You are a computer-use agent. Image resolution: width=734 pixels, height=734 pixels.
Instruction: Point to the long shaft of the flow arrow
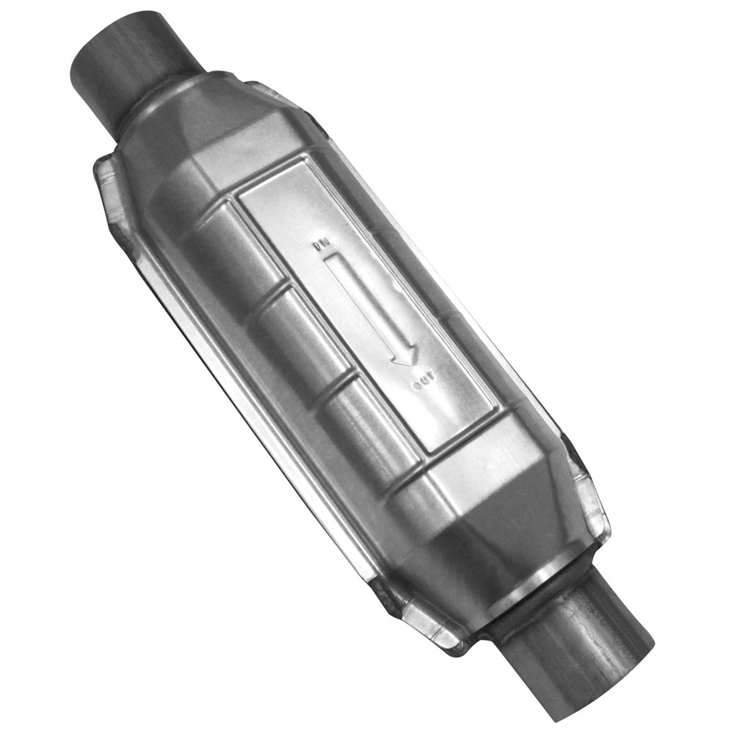[363, 301]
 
